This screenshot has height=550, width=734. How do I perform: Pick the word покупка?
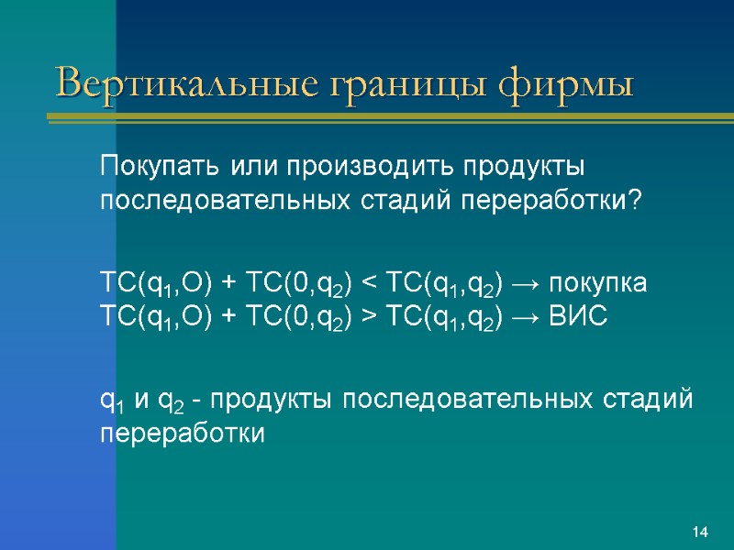point(605,284)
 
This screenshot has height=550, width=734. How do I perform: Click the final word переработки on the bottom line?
point(181,434)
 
